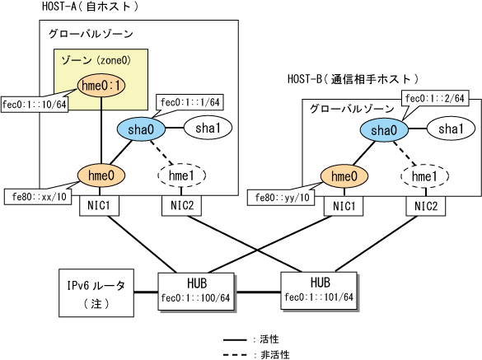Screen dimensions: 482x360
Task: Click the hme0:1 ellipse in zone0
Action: (101, 85)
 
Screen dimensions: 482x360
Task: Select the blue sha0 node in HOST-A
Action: (141, 129)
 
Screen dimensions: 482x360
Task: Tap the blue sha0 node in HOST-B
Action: (384, 130)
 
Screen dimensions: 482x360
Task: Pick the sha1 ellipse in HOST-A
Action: (208, 128)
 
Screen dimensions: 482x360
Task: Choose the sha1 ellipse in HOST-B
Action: (451, 129)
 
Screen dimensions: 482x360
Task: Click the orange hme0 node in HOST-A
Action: (101, 175)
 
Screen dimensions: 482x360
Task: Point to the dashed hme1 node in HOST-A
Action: (181, 175)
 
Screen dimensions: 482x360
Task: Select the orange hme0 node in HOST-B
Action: (344, 176)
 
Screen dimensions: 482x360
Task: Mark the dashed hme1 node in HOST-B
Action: (424, 176)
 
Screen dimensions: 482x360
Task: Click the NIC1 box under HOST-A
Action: (99, 206)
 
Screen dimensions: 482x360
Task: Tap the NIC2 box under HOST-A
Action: (181, 205)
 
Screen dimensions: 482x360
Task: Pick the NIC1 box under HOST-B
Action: (344, 206)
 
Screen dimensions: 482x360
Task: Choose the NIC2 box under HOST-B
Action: (426, 206)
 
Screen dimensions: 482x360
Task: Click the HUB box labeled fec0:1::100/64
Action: (196, 292)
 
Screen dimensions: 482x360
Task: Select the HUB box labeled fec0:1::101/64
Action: (320, 291)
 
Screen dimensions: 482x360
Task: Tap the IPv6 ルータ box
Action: (96, 293)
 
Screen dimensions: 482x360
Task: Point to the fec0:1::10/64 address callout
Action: (35, 105)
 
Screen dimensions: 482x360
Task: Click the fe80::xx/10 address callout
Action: (38, 197)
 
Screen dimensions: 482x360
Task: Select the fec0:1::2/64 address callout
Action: (435, 98)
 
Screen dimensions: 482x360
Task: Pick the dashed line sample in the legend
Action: (235, 355)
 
